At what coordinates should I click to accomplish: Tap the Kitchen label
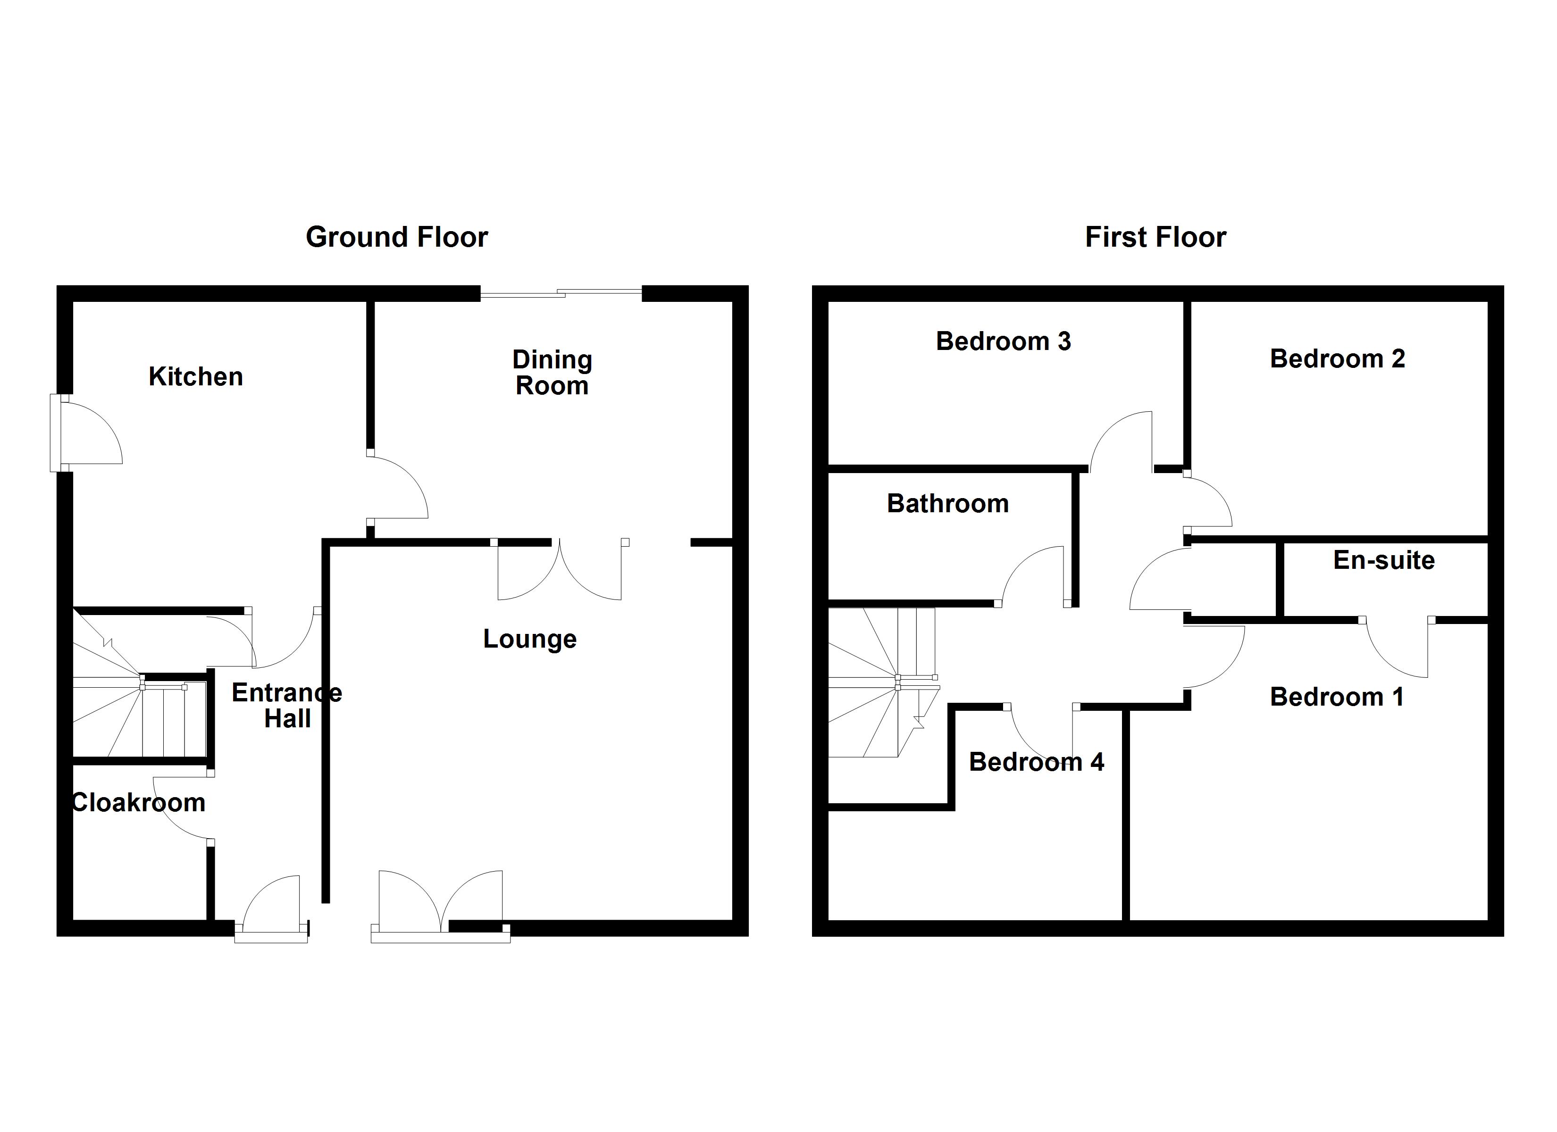196,377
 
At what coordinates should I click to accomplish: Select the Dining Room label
552,373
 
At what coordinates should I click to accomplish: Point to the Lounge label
529,639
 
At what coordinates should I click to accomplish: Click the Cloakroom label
139,802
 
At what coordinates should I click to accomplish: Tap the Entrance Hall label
287,706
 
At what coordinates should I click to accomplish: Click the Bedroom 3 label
1003,341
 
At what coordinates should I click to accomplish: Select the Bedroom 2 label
1337,358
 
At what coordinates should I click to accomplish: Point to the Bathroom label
947,504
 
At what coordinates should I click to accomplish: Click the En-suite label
1383,561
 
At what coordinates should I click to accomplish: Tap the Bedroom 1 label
1336,697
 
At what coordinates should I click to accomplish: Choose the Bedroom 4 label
1036,762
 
